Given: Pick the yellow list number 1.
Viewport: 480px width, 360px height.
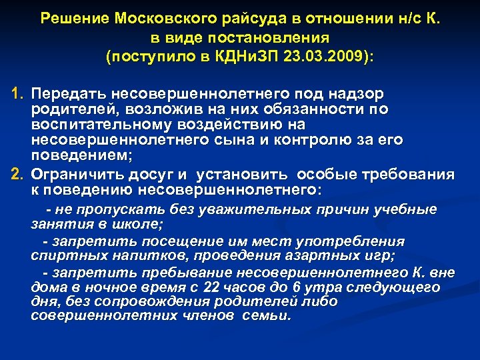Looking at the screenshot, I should pos(16,93).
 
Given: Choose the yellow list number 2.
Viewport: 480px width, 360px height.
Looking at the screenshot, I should pos(16,175).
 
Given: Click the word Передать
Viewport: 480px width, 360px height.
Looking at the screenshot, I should pos(64,93).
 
